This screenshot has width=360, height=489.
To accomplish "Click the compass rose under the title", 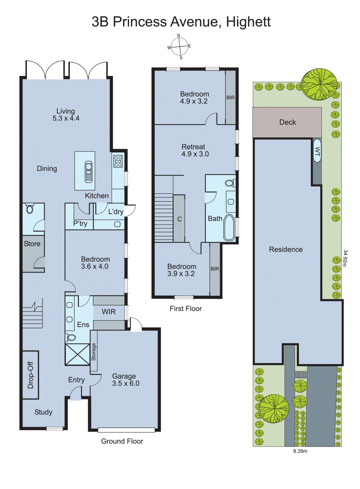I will point(179,47).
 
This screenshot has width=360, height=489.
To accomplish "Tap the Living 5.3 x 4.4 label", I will point(66,115).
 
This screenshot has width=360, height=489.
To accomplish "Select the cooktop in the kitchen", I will point(118,161).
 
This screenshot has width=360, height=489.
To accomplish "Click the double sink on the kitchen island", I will point(88,171).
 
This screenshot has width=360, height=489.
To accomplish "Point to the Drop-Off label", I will point(31,375).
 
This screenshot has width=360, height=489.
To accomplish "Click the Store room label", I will point(32,244).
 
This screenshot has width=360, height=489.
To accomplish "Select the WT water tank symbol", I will point(317,151).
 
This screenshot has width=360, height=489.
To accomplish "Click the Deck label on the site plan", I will point(287,122).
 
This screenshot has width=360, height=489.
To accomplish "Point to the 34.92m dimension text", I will point(345,258).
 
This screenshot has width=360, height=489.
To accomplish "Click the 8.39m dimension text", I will point(300,451).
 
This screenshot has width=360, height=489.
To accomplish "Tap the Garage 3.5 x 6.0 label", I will point(125,380).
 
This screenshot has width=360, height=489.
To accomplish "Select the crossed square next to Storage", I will point(78,354).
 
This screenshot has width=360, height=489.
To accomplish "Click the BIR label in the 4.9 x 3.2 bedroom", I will point(231,97).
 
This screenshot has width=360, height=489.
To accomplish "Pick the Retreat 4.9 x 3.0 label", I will point(195,150).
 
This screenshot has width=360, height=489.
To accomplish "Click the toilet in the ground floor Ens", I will point(71,337).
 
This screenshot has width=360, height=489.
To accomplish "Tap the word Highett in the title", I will point(248,22).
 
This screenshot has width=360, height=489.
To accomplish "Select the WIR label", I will point(109,312).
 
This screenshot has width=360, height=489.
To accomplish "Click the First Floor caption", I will point(186,309).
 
